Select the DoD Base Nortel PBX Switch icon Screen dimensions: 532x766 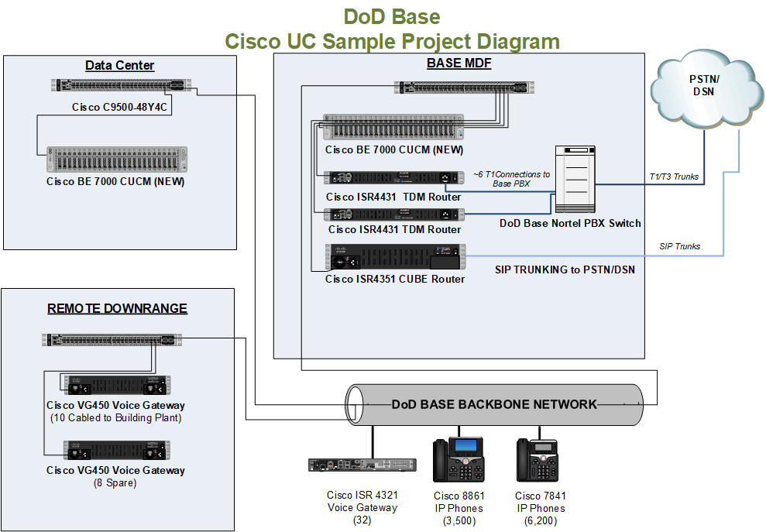573,179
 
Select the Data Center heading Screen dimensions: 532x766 119,66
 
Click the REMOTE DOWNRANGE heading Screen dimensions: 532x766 117,308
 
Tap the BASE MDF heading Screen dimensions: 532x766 459,63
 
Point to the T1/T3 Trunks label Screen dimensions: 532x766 674,177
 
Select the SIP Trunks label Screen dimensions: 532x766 679,246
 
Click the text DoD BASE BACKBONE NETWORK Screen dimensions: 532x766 494,404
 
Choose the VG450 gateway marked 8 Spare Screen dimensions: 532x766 116,450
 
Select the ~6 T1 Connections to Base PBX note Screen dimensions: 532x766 512,179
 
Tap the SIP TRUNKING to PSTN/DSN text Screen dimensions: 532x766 565,270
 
